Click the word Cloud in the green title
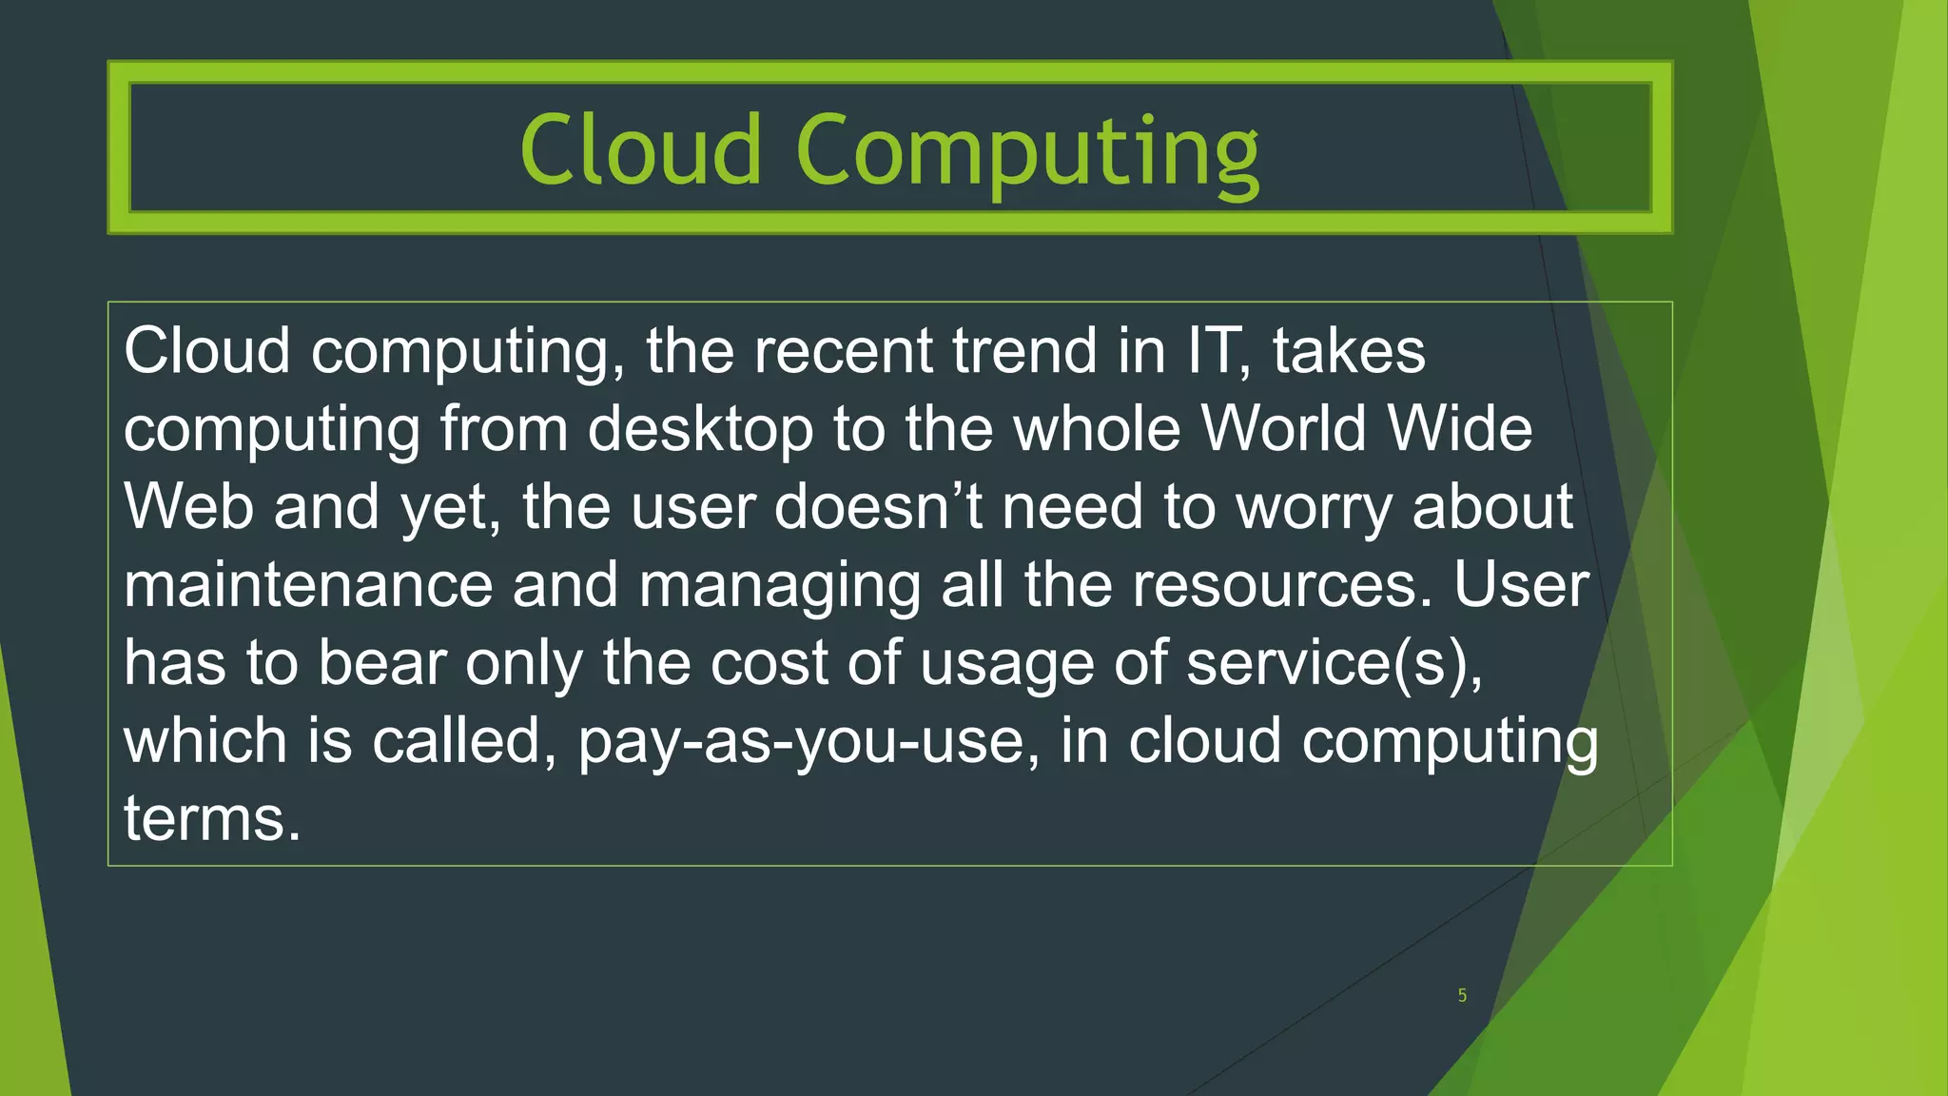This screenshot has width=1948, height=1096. (640, 150)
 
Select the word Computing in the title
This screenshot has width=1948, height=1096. (1027, 152)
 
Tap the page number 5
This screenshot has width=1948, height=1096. (1462, 995)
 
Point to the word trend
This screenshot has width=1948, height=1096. (1024, 351)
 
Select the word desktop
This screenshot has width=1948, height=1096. (700, 430)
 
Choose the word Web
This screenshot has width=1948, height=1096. (188, 507)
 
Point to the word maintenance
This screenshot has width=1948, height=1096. (308, 585)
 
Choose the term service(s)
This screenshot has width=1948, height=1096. (1334, 663)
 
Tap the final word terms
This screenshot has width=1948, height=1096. (211, 819)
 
